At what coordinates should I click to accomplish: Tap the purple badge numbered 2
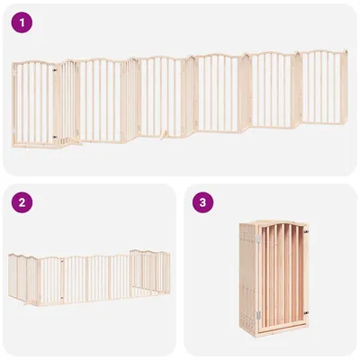click(22, 202)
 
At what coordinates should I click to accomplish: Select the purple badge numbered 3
click(204, 202)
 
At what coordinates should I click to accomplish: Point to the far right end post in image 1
click(346, 90)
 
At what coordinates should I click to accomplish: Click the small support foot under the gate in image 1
click(163, 137)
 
